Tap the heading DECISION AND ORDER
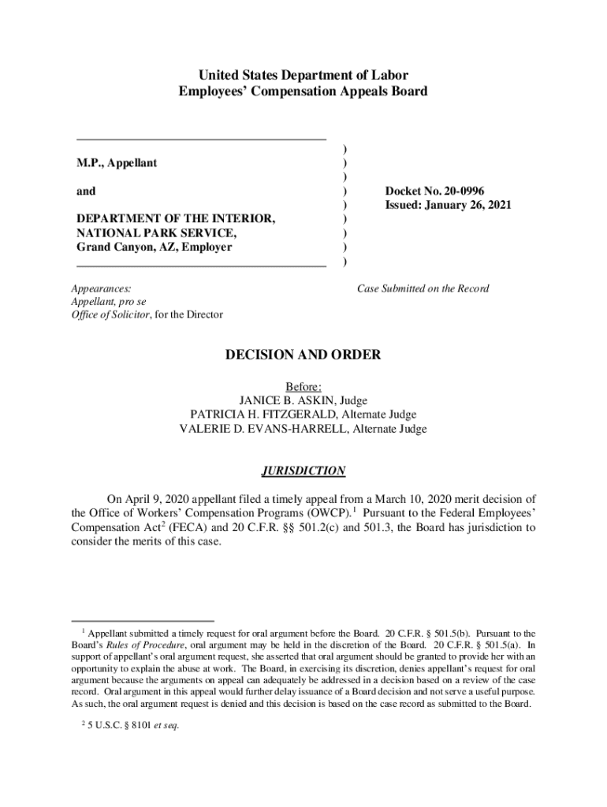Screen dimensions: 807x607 [x=303, y=355]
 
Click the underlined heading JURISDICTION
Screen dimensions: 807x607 [x=303, y=471]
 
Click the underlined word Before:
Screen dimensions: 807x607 [x=303, y=386]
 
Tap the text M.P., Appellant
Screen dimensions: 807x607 [x=117, y=163]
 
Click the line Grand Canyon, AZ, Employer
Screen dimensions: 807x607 [x=154, y=247]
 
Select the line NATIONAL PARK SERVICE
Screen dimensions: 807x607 [x=155, y=233]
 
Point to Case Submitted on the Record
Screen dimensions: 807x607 [x=423, y=288]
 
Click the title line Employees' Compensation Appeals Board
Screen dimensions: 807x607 [x=303, y=91]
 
